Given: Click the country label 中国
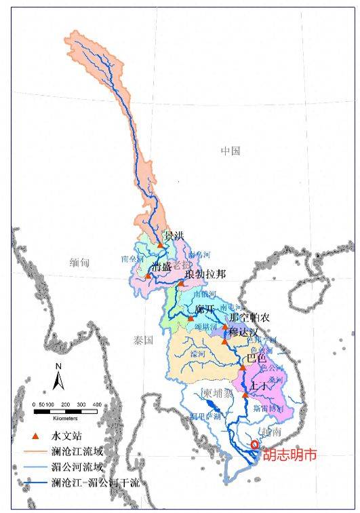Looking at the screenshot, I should [x=231, y=151].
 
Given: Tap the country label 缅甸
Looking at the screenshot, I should [x=80, y=261].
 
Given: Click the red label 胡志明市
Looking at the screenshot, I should [x=289, y=456].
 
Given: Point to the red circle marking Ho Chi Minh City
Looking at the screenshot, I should [x=254, y=445].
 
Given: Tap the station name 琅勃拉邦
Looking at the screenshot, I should [x=205, y=274].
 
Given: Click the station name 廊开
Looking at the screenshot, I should [x=204, y=309].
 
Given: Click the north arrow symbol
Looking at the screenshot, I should [x=59, y=378].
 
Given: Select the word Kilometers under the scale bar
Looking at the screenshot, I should [x=66, y=415].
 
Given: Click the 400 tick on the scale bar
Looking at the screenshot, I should [x=97, y=404].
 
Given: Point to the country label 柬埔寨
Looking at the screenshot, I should [x=218, y=394].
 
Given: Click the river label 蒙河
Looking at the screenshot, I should [x=199, y=354].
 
